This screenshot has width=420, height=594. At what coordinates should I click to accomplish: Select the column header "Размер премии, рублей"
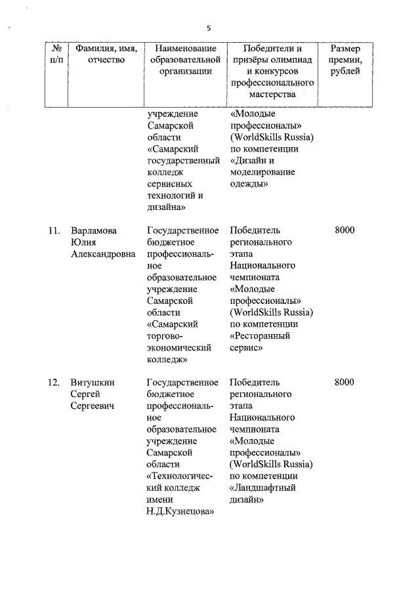tap(345, 60)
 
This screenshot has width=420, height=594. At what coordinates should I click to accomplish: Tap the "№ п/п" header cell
tap(57, 54)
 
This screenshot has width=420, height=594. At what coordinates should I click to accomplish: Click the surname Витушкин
tap(92, 383)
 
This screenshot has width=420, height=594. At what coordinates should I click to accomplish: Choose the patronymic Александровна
tap(103, 254)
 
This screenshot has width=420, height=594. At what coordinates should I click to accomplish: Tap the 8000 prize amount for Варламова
tap(344, 230)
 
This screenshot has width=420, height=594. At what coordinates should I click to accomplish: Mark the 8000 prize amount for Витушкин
tap(344, 383)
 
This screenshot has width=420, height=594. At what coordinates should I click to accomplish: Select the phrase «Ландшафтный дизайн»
tap(262, 494)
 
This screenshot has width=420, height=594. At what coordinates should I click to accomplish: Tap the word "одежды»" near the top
tap(249, 184)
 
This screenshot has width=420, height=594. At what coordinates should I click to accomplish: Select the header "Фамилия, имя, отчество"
tap(100, 54)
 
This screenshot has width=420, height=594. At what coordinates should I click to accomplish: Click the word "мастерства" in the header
tap(272, 95)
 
